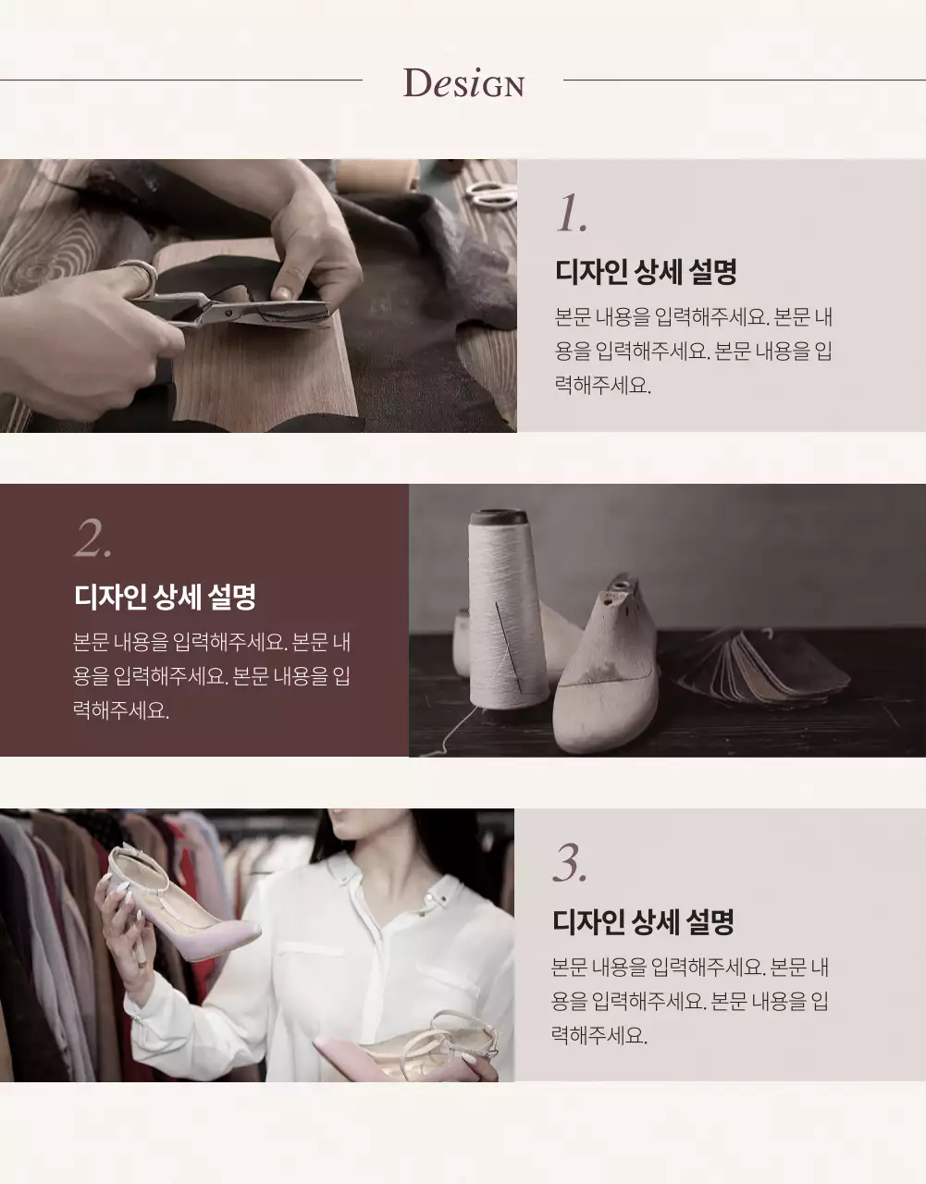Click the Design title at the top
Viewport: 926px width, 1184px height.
[463, 83]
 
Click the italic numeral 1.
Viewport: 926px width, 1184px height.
[571, 214]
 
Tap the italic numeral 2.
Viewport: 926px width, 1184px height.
[93, 537]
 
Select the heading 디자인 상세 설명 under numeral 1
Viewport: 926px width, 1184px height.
[646, 272]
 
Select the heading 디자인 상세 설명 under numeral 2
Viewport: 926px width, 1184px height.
[165, 596]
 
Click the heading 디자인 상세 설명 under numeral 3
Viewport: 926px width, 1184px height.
[643, 921]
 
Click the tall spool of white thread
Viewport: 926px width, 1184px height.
[504, 620]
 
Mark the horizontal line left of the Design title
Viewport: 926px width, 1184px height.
[181, 80]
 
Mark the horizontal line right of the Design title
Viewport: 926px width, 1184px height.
[744, 80]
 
